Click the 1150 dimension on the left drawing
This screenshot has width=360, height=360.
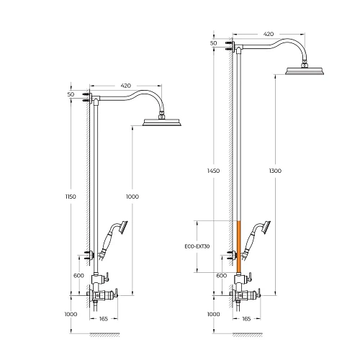(71, 197)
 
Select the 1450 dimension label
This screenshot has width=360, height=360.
(213, 171)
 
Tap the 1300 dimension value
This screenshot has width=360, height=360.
(275, 171)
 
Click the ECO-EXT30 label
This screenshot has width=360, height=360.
(197, 246)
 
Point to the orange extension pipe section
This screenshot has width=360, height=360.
(238, 247)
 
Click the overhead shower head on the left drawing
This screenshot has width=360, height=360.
(162, 122)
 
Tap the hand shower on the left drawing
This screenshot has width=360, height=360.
(113, 239)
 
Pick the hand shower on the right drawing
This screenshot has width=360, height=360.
(256, 239)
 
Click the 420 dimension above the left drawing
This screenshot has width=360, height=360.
(126, 86)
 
